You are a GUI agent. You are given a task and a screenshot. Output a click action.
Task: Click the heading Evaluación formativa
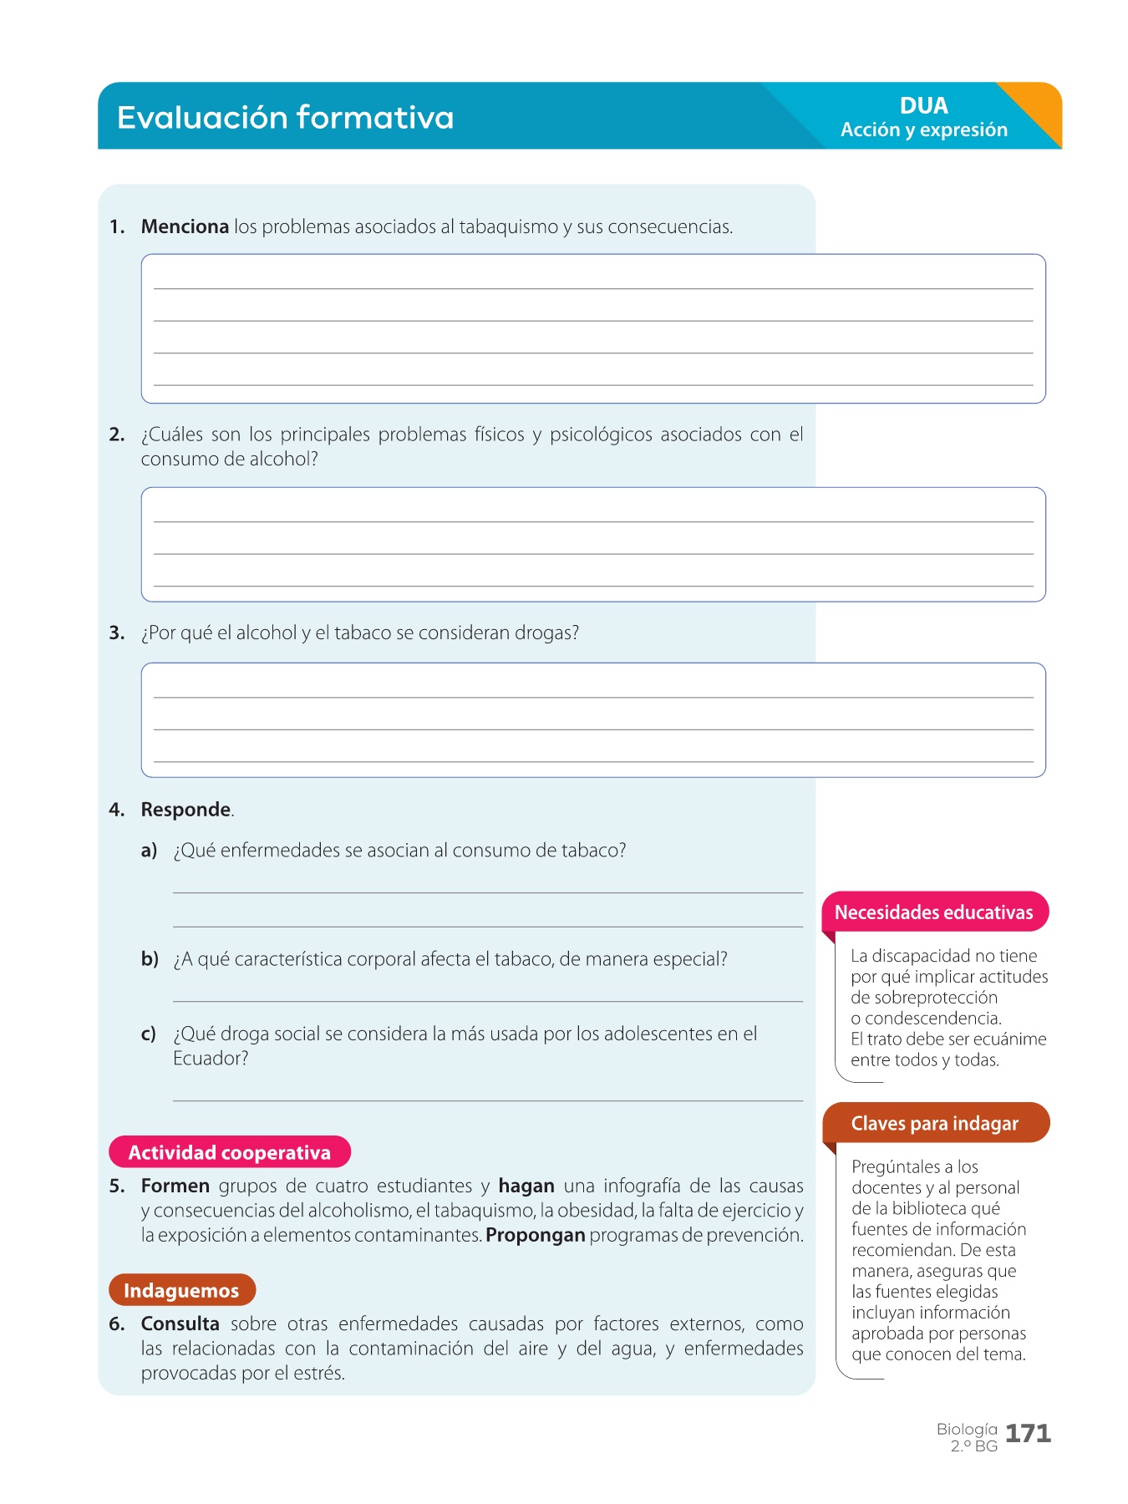(x=285, y=118)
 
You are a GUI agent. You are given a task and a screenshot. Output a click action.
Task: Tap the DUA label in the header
(x=923, y=106)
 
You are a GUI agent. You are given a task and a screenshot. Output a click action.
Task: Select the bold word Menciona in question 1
(x=185, y=226)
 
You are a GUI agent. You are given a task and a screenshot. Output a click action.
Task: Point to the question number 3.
(x=116, y=633)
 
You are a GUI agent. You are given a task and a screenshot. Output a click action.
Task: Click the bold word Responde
(x=185, y=810)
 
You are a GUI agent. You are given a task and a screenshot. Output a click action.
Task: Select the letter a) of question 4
(x=149, y=851)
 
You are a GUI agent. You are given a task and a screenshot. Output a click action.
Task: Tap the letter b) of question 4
(x=150, y=959)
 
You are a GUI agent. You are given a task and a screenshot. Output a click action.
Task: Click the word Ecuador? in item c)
(x=211, y=1059)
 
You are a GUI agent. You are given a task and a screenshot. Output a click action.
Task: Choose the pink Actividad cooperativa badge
(x=230, y=1152)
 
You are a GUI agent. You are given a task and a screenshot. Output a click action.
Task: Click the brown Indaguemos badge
(x=181, y=1290)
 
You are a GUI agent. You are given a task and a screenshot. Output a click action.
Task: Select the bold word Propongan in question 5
(x=535, y=1235)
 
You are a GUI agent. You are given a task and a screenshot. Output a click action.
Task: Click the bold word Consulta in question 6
(x=180, y=1324)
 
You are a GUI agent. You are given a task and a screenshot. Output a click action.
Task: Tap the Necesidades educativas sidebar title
(x=933, y=912)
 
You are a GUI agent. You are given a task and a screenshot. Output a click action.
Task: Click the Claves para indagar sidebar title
(x=934, y=1124)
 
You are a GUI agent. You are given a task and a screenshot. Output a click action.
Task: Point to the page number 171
(x=1028, y=1434)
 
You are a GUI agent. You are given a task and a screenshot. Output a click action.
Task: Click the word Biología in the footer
(x=967, y=1429)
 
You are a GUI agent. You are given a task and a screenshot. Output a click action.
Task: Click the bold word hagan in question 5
(x=526, y=1186)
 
